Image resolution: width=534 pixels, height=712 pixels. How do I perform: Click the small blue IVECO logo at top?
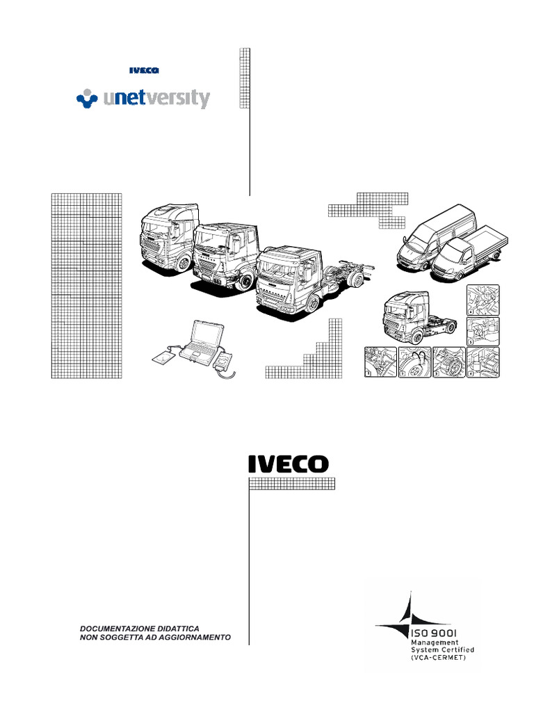click(x=145, y=70)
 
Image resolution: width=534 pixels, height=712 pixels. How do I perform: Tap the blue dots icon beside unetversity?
click(x=86, y=99)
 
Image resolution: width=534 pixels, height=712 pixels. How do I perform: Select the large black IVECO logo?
click(x=289, y=464)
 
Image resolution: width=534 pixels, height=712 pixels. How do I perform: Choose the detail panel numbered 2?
click(x=414, y=362)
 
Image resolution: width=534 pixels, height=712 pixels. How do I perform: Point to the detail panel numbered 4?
click(x=483, y=362)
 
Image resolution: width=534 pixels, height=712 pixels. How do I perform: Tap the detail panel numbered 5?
click(x=483, y=330)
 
